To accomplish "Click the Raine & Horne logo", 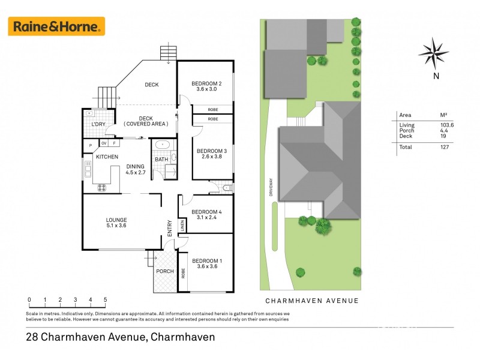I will tap(56, 26).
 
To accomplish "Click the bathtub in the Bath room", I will tap(163, 145).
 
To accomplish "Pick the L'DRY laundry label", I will tap(98, 125).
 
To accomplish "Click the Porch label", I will tap(164, 271).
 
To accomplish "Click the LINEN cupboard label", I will tap(182, 225).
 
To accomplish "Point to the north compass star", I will tap(434, 52).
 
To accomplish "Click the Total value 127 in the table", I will tap(445, 146).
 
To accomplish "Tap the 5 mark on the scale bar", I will tap(106, 299).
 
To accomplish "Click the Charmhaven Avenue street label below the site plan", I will tap(312, 301).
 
